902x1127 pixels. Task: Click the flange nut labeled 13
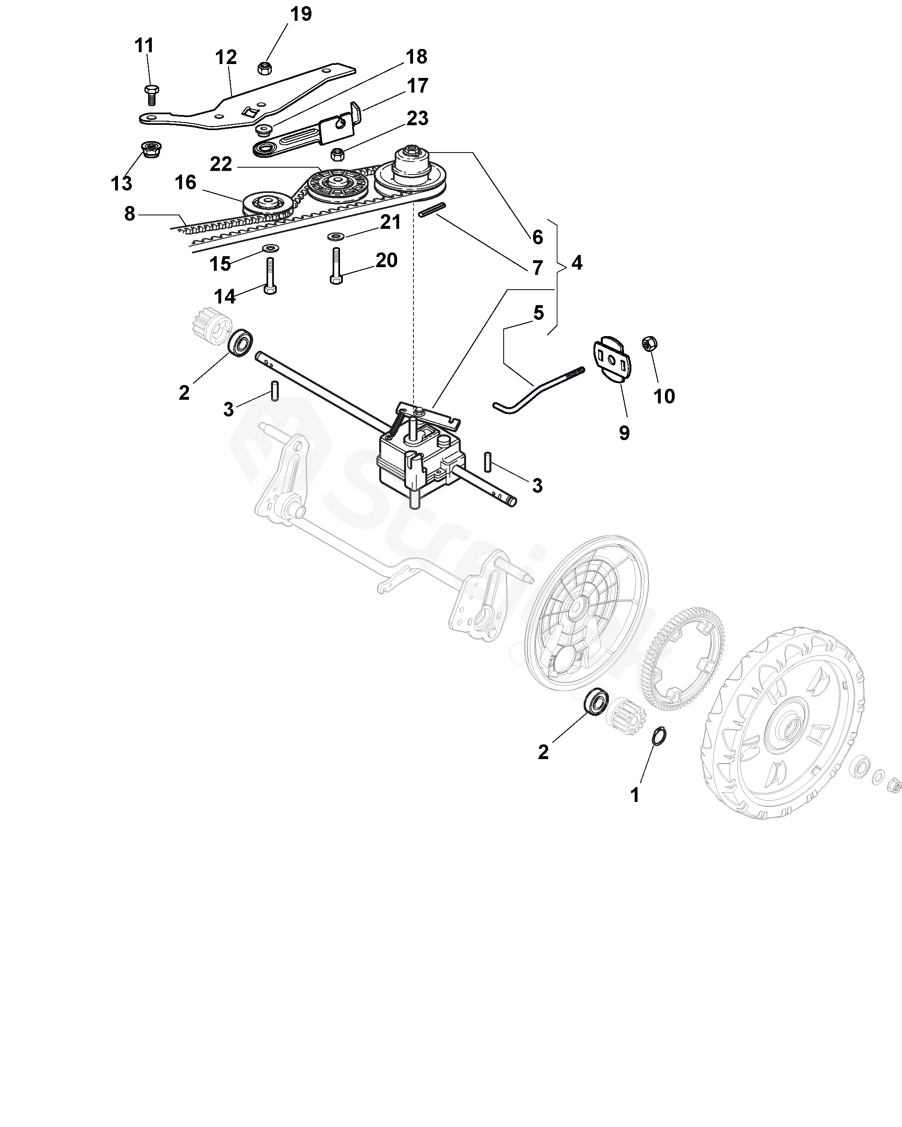(x=151, y=150)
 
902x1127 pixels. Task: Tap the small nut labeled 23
(x=338, y=155)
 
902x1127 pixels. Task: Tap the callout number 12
(x=225, y=57)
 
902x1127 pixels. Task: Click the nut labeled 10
(x=649, y=343)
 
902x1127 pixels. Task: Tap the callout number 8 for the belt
(x=129, y=213)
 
